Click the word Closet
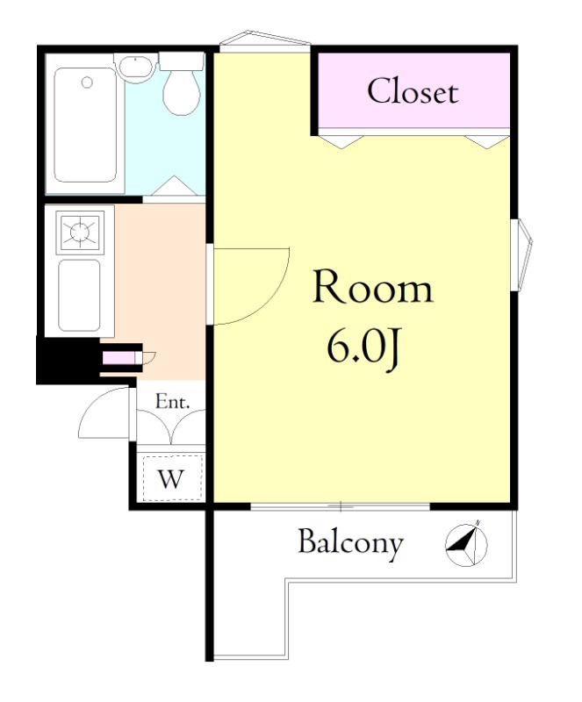coord(413,91)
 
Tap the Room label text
coord(373,287)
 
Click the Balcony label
coord(350,543)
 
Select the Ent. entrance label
coord(173,402)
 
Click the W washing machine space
coord(171,477)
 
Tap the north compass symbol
coord(466,543)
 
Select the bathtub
coord(85,125)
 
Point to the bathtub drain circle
coord(88,82)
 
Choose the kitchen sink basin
coord(79,295)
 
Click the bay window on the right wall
coord(522,254)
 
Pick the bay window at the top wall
coord(265,39)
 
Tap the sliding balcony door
coord(340,507)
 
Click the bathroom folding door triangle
coord(175,186)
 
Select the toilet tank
coord(182,61)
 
